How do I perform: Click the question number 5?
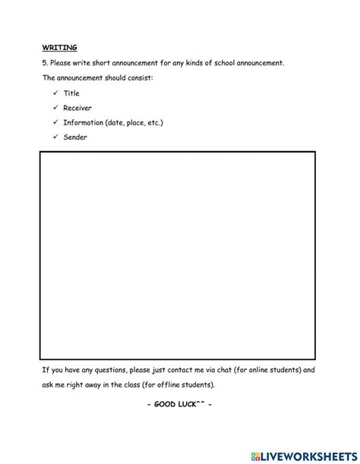coord(44,62)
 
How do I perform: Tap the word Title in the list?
coord(71,93)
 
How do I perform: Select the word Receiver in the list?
coord(77,108)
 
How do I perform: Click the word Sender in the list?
coord(75,137)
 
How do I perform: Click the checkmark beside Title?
coord(56,93)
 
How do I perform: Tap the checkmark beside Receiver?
coord(56,108)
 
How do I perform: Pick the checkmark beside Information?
coord(56,122)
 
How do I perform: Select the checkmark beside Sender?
coord(56,137)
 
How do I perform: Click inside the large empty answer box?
coord(178,254)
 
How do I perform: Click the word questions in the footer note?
coord(101,370)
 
